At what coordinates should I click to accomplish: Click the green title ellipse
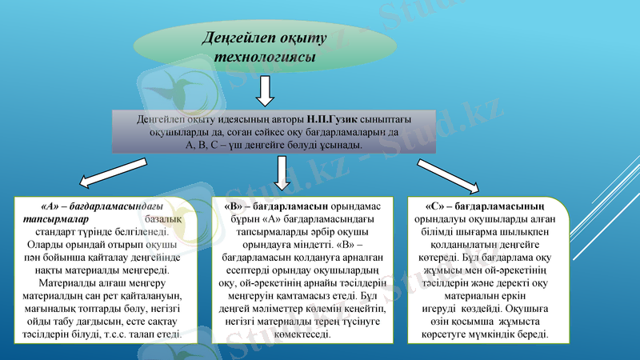coord(264,46)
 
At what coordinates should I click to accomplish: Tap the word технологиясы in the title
coord(265,58)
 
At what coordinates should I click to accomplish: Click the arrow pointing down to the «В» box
coord(281,172)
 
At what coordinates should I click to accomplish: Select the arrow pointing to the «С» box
coord(449,175)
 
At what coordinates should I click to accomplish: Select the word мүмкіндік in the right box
coord(500,334)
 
